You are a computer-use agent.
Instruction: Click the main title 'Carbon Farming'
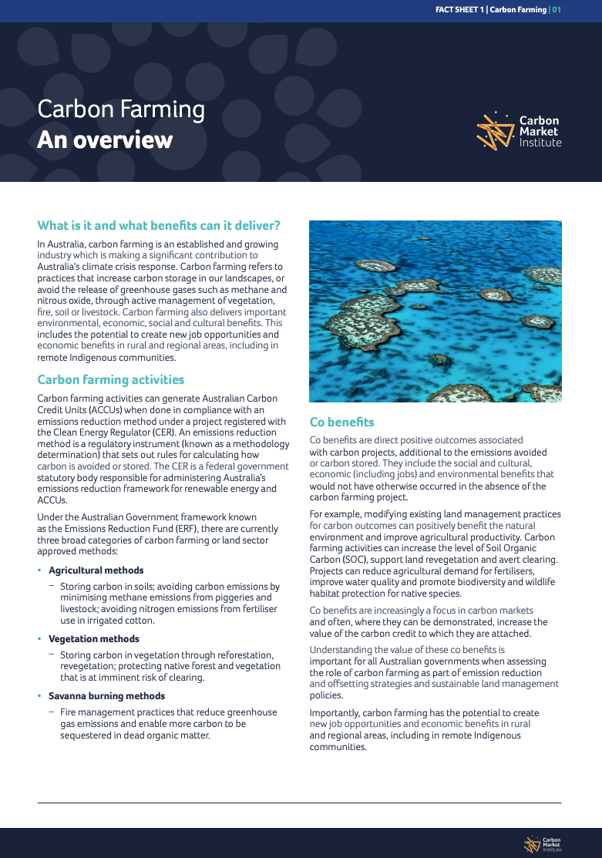[121, 109]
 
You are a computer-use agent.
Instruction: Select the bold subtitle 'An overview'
[105, 140]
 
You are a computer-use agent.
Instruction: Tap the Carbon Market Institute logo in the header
[519, 131]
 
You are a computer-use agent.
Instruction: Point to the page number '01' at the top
[556, 10]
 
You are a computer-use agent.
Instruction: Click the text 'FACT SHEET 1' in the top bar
[459, 10]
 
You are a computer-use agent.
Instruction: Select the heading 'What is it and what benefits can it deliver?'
[159, 226]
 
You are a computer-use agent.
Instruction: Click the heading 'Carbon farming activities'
[111, 380]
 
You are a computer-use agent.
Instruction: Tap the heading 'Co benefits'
[341, 422]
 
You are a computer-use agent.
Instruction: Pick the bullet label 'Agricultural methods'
[96, 570]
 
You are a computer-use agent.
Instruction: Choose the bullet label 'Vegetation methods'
[94, 639]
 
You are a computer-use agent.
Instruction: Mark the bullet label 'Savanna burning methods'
[107, 696]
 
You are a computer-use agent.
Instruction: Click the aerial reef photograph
[435, 311]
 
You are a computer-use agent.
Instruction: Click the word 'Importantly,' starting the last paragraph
[335, 713]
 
